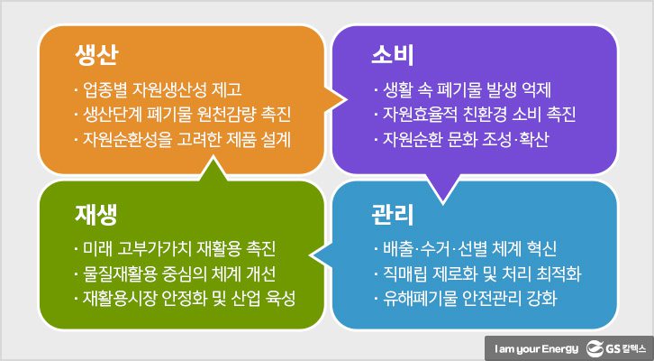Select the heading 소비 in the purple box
tap(392, 56)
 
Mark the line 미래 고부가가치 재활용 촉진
tap(176, 248)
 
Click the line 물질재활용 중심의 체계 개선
tap(176, 273)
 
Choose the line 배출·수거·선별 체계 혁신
tap(467, 248)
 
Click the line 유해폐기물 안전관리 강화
tap(467, 299)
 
